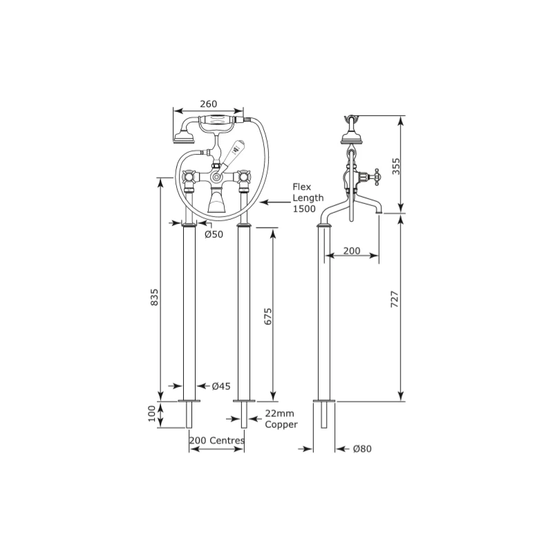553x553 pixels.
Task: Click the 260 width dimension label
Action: pos(209,104)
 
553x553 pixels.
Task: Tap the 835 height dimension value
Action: pos(154,297)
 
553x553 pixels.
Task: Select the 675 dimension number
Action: pos(268,317)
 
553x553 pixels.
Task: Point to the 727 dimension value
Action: pos(395,299)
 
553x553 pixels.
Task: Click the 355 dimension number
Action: pos(396,166)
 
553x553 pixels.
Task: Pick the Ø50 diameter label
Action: pos(214,234)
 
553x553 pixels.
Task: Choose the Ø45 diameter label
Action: pos(221,386)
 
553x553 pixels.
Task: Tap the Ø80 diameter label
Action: pos(362,449)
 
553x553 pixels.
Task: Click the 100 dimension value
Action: pos(151,413)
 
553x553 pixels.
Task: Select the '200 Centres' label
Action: pos(216,440)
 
